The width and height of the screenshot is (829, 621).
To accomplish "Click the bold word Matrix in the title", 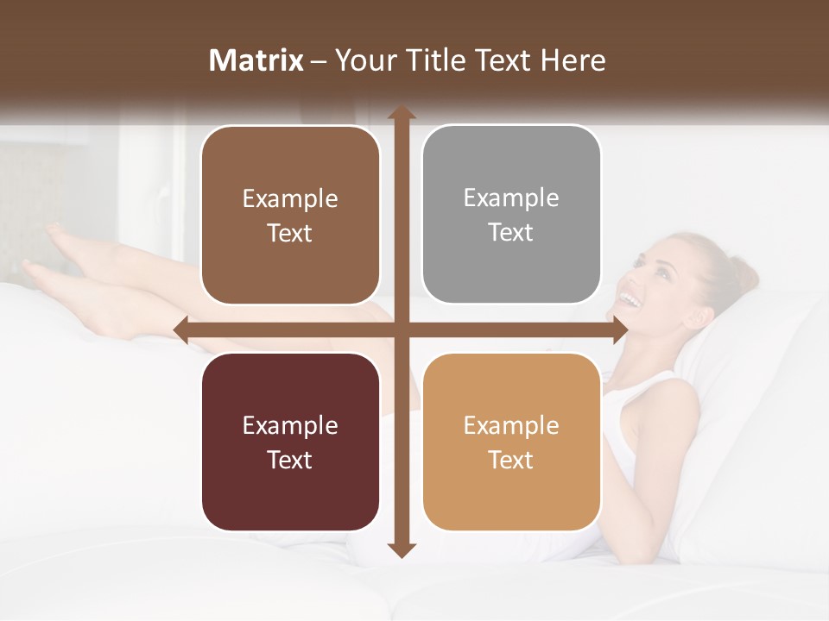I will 256,60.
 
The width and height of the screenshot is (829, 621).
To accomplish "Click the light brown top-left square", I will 290,216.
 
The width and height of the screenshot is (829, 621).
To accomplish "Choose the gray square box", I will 511,215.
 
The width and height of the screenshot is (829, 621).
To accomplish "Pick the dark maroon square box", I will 290,442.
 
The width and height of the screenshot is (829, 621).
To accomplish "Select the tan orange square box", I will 511,442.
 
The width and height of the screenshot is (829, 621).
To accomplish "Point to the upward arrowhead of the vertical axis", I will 401,113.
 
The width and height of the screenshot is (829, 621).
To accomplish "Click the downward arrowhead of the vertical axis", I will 401,549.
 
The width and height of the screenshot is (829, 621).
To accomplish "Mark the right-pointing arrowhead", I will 619,329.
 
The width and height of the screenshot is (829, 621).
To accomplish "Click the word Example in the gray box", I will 511,198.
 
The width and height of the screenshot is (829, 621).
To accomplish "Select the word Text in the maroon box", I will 290,460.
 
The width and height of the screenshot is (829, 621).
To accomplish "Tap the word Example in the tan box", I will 511,425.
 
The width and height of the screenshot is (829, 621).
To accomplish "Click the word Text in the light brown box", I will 290,234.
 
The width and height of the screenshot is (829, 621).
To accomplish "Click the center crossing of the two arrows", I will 401,329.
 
